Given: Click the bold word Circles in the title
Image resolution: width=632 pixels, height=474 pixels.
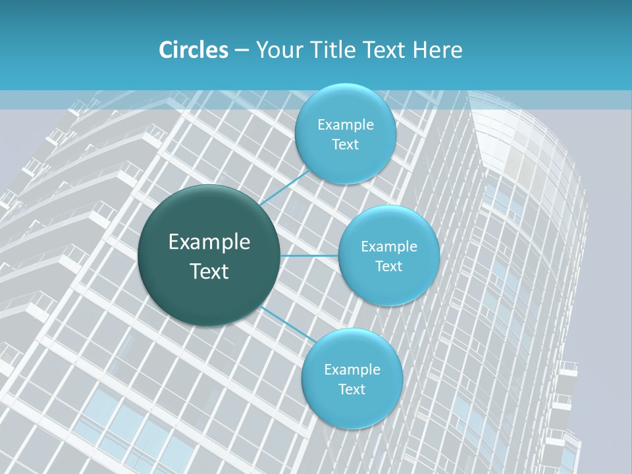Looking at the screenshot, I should click(x=194, y=50).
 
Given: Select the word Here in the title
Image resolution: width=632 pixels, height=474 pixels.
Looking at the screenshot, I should click(x=437, y=50).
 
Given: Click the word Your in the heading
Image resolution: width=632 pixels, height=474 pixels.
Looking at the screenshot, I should click(x=279, y=50).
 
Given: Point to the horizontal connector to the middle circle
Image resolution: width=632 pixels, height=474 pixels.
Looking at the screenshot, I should click(x=309, y=255).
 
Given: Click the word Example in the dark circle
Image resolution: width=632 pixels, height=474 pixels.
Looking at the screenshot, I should click(x=209, y=242).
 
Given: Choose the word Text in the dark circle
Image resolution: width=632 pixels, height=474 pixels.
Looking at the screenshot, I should click(x=209, y=271).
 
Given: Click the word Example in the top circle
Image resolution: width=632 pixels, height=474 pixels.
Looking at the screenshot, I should click(x=346, y=125).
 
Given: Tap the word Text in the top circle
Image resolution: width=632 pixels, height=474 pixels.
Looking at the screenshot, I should click(x=346, y=145).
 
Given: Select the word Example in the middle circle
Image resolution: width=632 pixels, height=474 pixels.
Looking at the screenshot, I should click(x=389, y=247).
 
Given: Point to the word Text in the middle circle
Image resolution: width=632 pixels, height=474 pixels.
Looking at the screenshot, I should click(x=389, y=267).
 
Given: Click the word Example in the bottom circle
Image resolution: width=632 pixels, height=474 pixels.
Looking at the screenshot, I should click(x=352, y=370).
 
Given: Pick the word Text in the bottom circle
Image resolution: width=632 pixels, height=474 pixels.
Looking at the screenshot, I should click(x=352, y=390).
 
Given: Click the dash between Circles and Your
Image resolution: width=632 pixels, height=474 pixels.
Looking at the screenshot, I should click(x=241, y=51).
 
